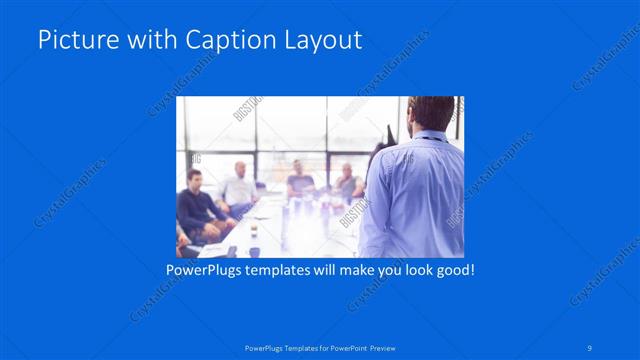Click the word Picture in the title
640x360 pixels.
coord(75,41)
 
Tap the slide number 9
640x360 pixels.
coord(590,348)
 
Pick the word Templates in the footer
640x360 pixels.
coord(289,348)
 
